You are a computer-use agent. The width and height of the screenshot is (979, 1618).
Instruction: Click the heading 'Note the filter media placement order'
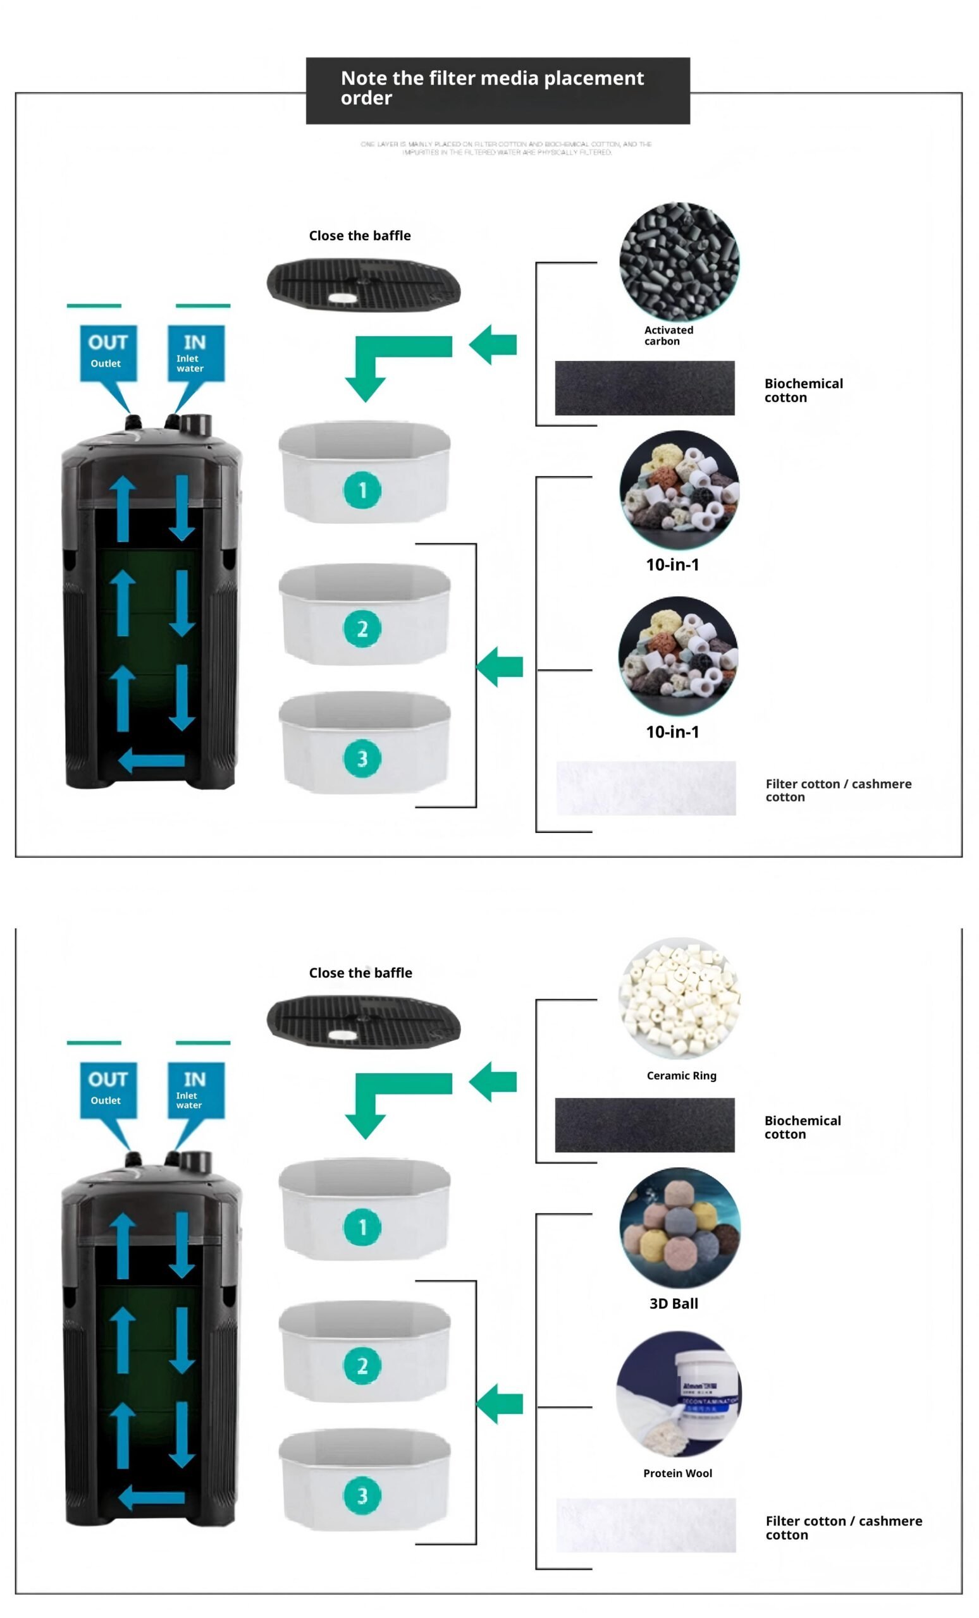[x=491, y=88]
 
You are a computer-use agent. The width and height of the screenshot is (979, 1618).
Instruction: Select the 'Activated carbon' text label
[x=668, y=336]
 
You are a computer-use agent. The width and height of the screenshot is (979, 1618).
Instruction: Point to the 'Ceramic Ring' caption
[x=680, y=1076]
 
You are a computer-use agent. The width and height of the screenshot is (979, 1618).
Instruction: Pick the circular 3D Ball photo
[x=679, y=1227]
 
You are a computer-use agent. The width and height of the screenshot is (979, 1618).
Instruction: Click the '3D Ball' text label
[x=674, y=1303]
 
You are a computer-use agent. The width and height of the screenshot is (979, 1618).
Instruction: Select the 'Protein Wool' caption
[x=677, y=1473]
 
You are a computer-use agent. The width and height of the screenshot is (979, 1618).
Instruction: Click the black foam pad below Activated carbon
[x=644, y=387]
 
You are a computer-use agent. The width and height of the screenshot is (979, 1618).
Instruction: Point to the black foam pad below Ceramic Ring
[x=644, y=1125]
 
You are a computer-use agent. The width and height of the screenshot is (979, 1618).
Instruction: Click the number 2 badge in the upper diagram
[x=362, y=628]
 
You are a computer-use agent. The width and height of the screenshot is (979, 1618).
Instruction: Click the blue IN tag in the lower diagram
[x=195, y=1090]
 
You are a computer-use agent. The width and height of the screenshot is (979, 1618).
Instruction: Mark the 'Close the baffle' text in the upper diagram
[x=359, y=236]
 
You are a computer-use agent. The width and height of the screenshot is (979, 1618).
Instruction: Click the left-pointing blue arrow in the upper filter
[x=152, y=760]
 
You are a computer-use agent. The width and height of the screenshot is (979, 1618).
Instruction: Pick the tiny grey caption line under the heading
[x=506, y=148]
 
